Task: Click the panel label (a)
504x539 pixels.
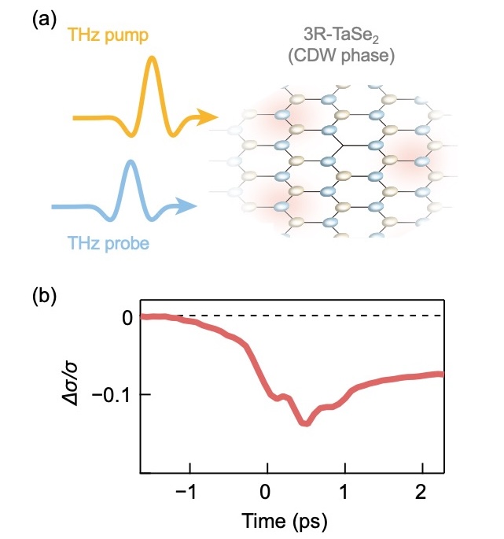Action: pyautogui.click(x=44, y=20)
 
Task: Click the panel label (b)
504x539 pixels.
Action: pyautogui.click(x=44, y=297)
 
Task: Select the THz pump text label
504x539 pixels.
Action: pyautogui.click(x=109, y=35)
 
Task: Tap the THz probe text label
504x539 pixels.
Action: pyautogui.click(x=109, y=243)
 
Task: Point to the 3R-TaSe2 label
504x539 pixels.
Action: pyautogui.click(x=341, y=35)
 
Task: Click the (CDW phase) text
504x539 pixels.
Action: pyautogui.click(x=341, y=55)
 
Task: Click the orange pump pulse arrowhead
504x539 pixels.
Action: pyautogui.click(x=208, y=117)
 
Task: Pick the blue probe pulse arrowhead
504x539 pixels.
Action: pyautogui.click(x=186, y=206)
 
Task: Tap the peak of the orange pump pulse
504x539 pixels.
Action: pyautogui.click(x=152, y=57)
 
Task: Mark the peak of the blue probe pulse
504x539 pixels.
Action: pyautogui.click(x=131, y=161)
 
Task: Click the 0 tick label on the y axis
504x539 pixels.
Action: pyautogui.click(x=127, y=318)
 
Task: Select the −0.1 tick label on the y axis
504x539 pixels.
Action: pyautogui.click(x=111, y=395)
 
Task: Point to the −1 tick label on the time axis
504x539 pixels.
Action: pyautogui.click(x=186, y=492)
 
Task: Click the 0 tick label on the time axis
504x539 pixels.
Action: pyautogui.click(x=265, y=492)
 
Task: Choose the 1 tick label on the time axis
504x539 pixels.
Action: pyautogui.click(x=344, y=492)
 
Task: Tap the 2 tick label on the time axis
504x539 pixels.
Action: pyautogui.click(x=421, y=492)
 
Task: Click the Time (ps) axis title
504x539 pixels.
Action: pyautogui.click(x=285, y=520)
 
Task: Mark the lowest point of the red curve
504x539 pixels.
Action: pyautogui.click(x=305, y=423)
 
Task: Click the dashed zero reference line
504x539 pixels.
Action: pyautogui.click(x=292, y=316)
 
